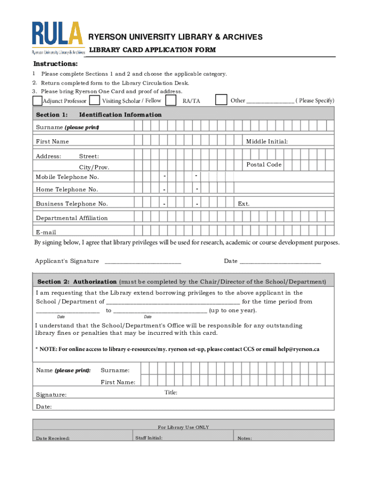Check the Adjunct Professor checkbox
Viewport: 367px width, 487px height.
click(37, 101)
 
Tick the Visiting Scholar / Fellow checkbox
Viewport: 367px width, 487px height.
click(95, 100)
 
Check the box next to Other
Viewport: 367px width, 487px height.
click(221, 99)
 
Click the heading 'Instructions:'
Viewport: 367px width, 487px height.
click(55, 64)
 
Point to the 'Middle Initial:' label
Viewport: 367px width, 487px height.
click(266, 141)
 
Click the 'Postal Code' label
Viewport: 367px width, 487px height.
click(264, 165)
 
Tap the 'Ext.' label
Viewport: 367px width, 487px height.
click(244, 204)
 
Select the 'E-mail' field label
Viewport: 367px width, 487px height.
click(46, 232)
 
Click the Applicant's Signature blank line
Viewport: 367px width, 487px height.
click(143, 261)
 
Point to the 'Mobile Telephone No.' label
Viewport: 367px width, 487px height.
click(67, 177)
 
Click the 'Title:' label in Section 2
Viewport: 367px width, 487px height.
click(171, 392)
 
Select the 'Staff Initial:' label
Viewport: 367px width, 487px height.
click(149, 438)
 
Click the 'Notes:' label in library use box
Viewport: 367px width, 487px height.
click(245, 438)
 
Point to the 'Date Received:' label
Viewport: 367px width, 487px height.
click(53, 438)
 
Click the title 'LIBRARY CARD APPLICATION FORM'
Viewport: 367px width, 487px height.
click(153, 50)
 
